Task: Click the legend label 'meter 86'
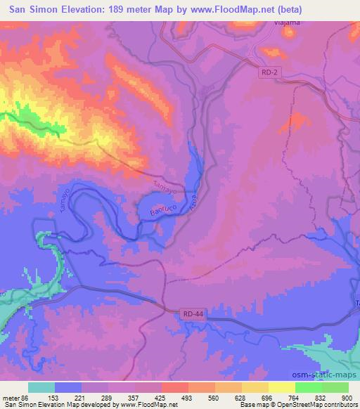(x=15, y=397)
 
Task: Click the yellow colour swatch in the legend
(x=281, y=387)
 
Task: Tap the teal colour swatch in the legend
(x=41, y=387)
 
